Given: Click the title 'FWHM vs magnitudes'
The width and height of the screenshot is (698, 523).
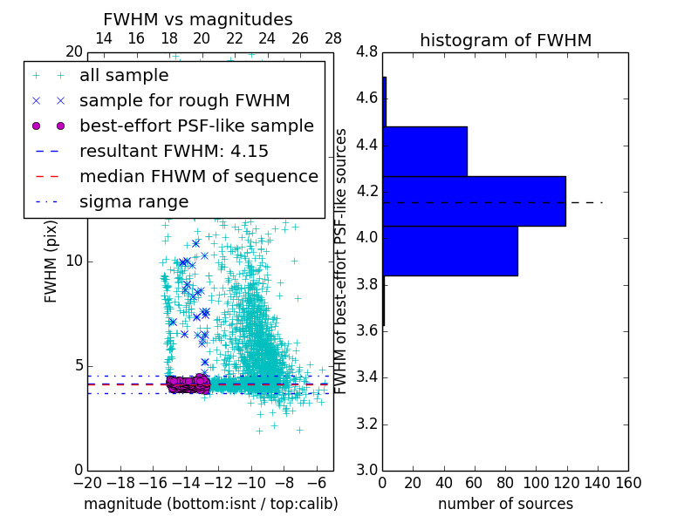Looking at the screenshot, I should (198, 19).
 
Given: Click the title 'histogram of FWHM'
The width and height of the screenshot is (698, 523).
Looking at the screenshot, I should (505, 40).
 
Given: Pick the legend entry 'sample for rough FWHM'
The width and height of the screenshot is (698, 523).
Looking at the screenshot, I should (184, 100).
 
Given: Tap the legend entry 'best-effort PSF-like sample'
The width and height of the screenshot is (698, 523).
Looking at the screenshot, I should (196, 126).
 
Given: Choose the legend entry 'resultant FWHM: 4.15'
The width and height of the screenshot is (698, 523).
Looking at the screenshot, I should (174, 151).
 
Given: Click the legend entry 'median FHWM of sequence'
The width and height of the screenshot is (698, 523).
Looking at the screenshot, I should (198, 176).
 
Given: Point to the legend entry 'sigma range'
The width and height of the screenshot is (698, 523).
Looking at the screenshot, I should (133, 201).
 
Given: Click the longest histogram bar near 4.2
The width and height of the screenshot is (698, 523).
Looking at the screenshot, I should (474, 200).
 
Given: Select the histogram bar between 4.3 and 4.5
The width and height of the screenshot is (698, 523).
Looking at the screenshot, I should (425, 151).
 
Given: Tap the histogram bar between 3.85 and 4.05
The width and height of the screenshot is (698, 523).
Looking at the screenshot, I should (450, 251).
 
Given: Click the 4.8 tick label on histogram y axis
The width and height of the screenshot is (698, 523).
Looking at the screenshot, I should (366, 51).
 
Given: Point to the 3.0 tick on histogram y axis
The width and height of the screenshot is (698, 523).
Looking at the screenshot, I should (366, 470).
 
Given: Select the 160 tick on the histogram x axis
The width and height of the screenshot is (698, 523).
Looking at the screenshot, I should (628, 483).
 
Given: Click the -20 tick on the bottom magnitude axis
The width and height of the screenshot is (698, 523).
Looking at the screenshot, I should (87, 483).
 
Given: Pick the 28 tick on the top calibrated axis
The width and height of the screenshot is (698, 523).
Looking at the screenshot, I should (333, 39).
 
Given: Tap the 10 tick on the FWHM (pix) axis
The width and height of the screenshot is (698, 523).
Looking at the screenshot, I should (74, 261).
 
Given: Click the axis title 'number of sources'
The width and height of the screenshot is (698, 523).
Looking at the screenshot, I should (505, 504).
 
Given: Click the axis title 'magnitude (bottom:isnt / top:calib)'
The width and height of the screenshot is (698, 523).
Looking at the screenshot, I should (210, 504).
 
